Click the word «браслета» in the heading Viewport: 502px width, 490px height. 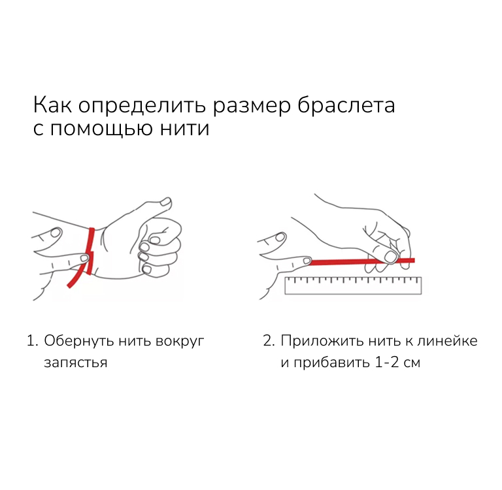[x=346, y=106]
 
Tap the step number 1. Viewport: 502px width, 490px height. [x=32, y=341]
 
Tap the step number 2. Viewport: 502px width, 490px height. [x=269, y=341]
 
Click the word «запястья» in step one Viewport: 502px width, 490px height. [x=76, y=363]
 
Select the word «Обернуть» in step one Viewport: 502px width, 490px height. [x=78, y=341]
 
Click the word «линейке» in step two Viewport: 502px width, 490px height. [x=447, y=341]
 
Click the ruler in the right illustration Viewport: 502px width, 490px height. [x=353, y=285]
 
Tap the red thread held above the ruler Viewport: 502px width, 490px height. [x=361, y=262]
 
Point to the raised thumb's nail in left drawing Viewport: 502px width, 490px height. [x=166, y=203]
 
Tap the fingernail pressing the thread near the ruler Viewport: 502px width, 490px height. [x=392, y=256]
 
